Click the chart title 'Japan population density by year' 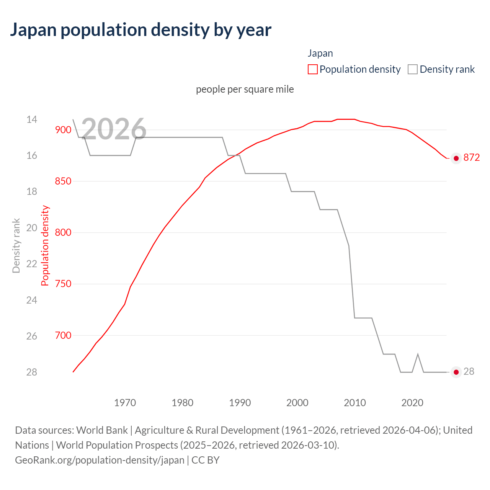140,30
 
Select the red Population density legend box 313,69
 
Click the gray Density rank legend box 412,69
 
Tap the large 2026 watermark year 114,129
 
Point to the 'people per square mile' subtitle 245,89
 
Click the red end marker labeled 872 456,158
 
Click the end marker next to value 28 456,372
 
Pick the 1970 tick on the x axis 125,403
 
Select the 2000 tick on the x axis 297,403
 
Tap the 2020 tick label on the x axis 412,403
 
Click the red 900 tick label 63,130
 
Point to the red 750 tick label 63,284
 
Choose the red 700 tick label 63,335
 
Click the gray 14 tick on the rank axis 32,119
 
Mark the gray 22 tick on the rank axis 32,264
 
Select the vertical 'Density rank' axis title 16,246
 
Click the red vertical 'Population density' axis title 45,246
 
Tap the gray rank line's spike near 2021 418,354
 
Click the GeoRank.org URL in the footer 100,460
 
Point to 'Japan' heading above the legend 320,53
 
